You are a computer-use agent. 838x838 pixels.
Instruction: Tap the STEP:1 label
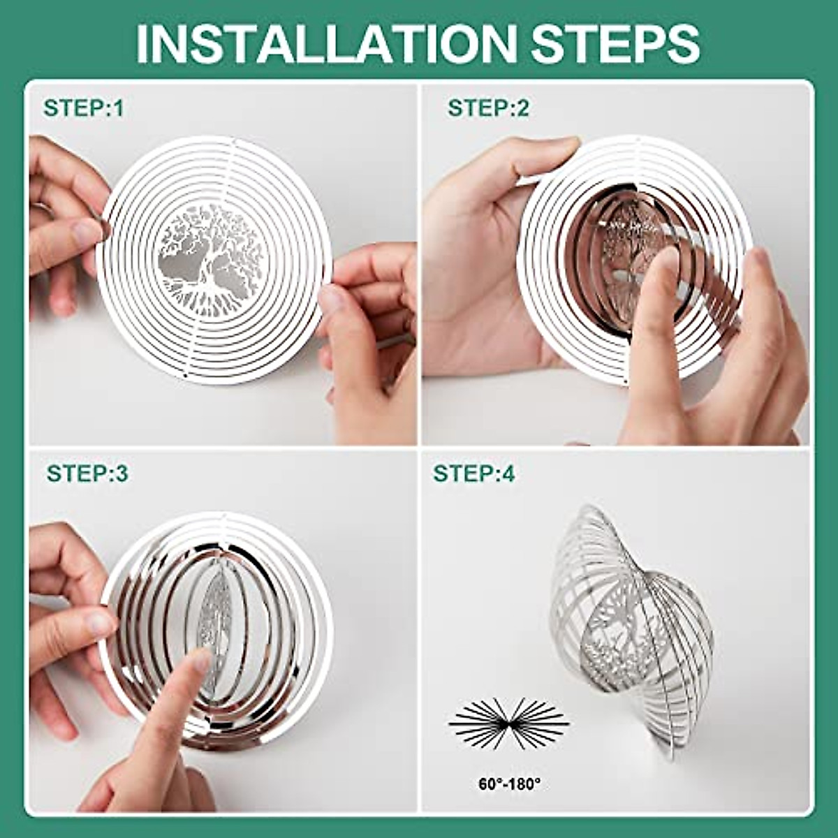tap(83, 108)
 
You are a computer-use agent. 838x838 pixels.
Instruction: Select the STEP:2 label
tap(489, 108)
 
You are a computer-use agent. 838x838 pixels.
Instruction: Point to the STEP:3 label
tap(87, 473)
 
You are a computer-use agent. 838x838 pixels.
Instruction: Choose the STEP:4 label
tap(474, 473)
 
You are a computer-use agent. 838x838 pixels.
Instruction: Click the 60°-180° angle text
tap(509, 784)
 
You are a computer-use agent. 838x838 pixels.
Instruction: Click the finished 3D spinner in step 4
tap(632, 628)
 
